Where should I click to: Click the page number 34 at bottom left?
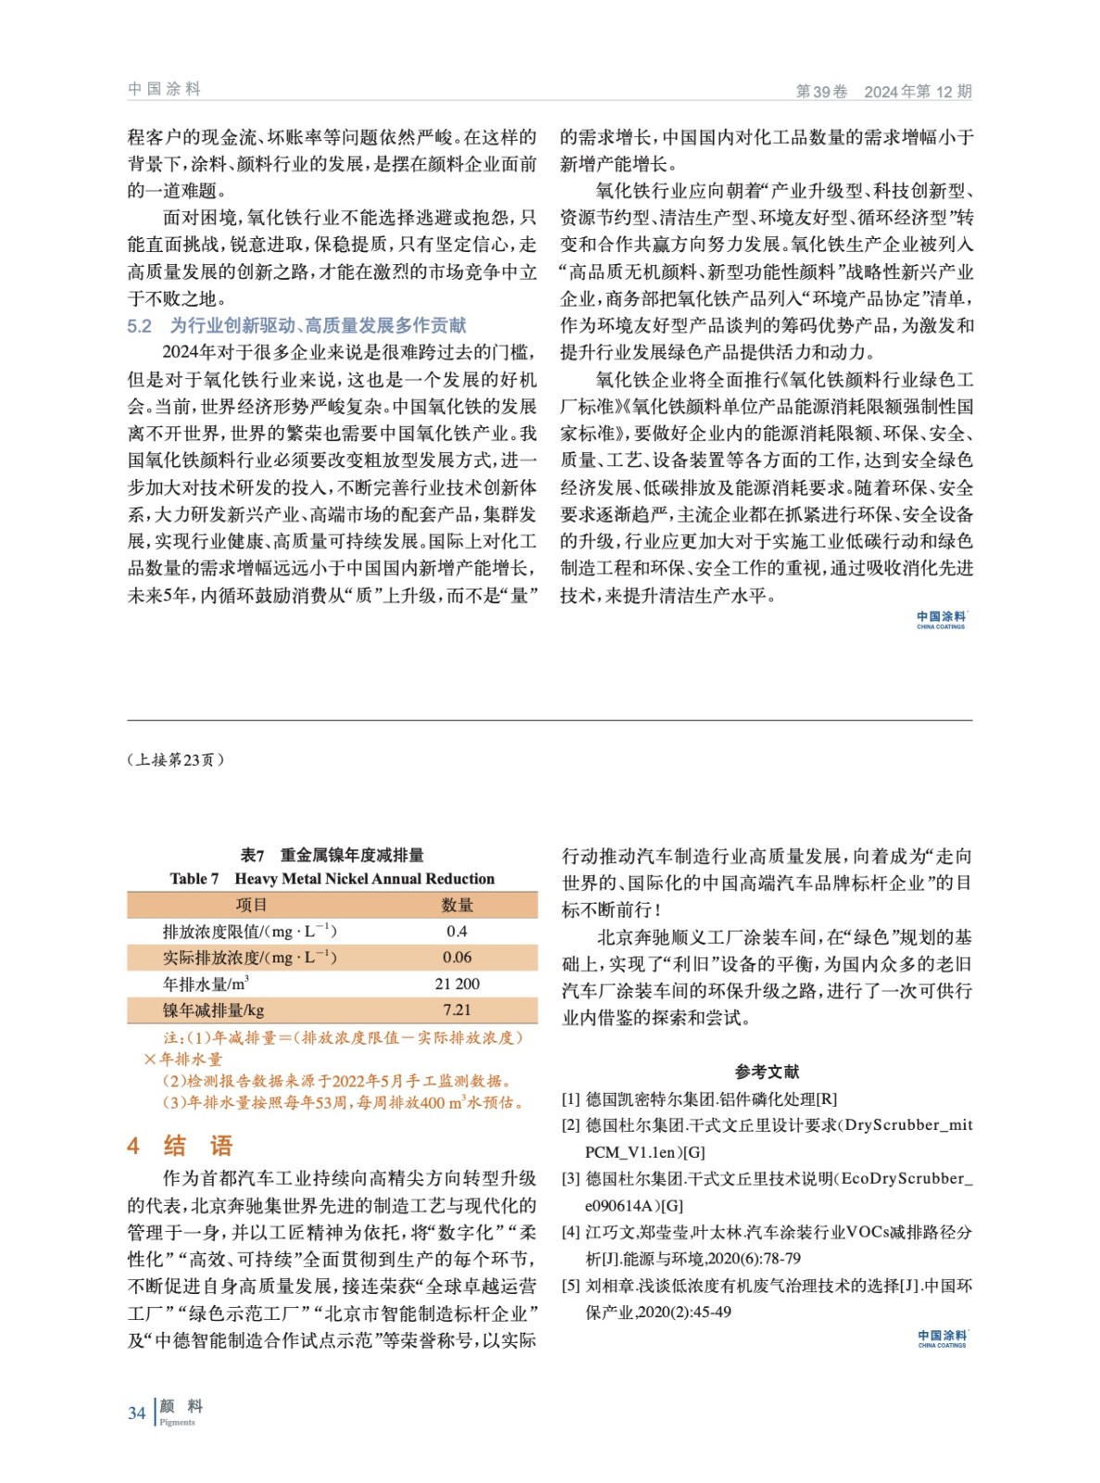click(136, 1413)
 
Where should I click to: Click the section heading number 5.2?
click(139, 325)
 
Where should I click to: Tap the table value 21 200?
click(457, 983)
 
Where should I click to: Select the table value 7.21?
click(457, 1009)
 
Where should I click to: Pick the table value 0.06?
click(457, 957)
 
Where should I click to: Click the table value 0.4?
click(457, 931)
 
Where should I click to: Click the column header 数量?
click(457, 905)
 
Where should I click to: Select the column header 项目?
click(251, 905)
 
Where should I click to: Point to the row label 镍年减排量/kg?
click(213, 1009)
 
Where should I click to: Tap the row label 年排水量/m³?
click(206, 983)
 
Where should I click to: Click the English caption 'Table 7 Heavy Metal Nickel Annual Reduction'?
click(332, 879)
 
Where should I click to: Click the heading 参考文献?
click(766, 1071)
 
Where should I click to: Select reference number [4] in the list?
click(571, 1232)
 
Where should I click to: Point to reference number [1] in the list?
click(571, 1098)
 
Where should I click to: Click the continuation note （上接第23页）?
click(175, 760)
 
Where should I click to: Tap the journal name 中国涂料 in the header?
click(164, 89)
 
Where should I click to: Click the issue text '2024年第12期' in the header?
click(917, 91)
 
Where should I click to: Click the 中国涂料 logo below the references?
click(942, 1337)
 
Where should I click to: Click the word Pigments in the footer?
click(177, 1422)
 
